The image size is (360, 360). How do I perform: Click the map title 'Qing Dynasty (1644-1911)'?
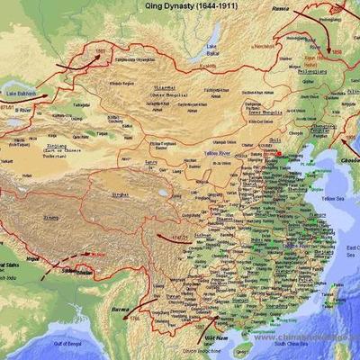pyautogui.click(x=184, y=5)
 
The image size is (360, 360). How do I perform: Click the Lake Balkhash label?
pyautogui.click(x=22, y=93)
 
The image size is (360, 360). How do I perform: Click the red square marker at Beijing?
pyautogui.click(x=279, y=153)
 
